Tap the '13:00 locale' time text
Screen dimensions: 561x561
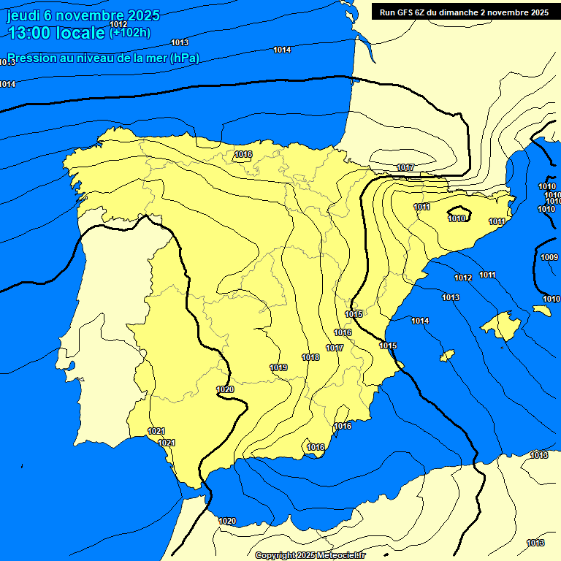point(56,33)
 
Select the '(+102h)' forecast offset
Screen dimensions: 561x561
point(131,32)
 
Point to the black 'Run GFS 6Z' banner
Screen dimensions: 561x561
point(464,12)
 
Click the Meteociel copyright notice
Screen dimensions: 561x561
point(310,555)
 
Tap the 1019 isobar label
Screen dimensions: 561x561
point(278,367)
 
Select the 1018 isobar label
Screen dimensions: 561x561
point(310,357)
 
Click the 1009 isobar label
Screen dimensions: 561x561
point(549,257)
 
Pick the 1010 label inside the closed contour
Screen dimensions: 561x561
point(458,218)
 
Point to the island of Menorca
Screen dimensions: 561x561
point(541,310)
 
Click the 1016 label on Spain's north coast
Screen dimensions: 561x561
point(243,154)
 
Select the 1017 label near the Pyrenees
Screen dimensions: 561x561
point(405,168)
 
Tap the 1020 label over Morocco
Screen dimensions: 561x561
point(227,521)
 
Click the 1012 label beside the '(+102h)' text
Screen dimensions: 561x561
point(118,24)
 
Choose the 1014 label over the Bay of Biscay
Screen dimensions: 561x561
point(282,50)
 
